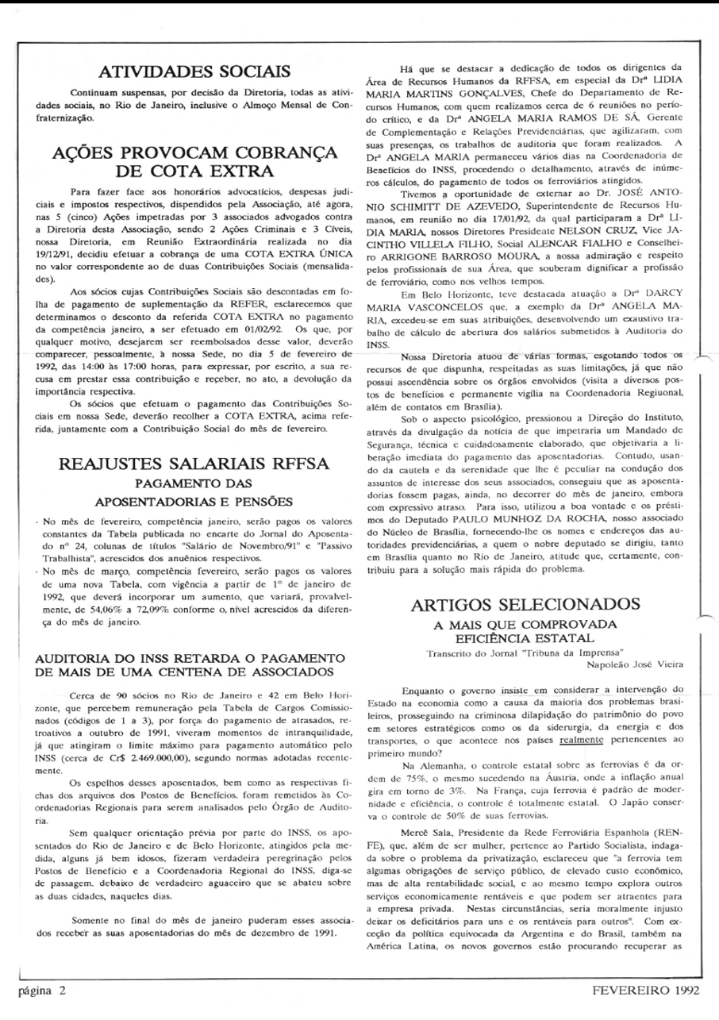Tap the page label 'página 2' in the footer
[x=42, y=991]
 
